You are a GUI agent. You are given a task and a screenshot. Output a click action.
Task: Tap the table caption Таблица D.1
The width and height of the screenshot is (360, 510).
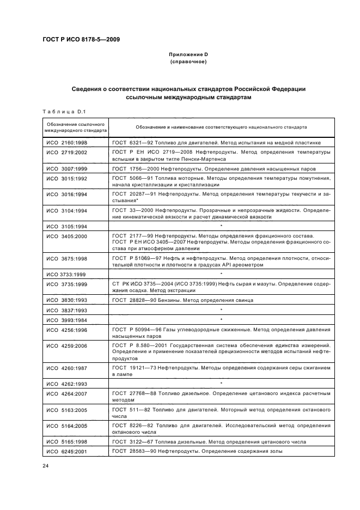[60, 112]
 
